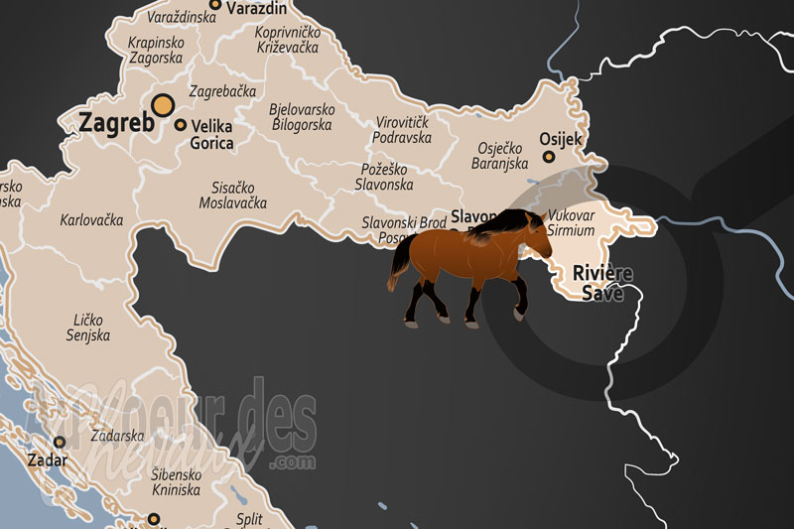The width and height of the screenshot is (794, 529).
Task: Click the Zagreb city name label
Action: tap(116, 123)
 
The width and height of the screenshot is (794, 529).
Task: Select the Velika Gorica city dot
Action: tap(180, 125)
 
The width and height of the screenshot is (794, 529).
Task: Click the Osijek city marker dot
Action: tap(548, 157)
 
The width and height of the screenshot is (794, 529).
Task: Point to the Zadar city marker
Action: tap(60, 442)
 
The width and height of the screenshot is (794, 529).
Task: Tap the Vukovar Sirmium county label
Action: tap(572, 222)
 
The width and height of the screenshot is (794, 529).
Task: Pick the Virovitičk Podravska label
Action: tap(403, 130)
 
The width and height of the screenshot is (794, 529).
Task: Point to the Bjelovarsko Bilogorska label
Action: tap(303, 117)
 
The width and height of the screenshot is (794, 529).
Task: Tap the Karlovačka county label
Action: tap(91, 220)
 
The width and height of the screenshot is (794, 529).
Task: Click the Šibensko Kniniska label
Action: tap(177, 482)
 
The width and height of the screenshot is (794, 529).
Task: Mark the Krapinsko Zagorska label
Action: tap(157, 51)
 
